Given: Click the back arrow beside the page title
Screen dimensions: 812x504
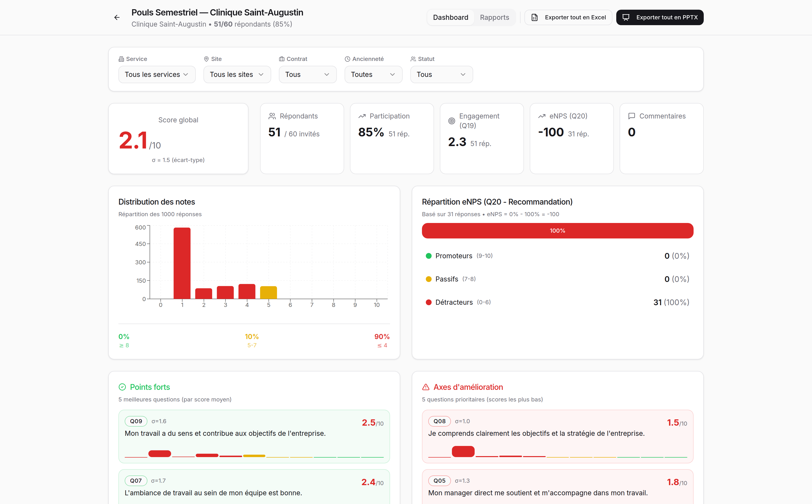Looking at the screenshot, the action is pyautogui.click(x=116, y=17).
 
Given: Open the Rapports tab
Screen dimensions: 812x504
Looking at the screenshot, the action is pyautogui.click(x=494, y=17).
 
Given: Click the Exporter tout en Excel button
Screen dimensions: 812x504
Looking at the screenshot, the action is pyautogui.click(x=568, y=17).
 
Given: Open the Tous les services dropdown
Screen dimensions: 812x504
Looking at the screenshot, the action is pyautogui.click(x=157, y=74).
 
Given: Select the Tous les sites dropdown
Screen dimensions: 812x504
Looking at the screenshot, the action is pyautogui.click(x=237, y=74).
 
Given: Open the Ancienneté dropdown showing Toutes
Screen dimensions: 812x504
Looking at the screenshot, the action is pyautogui.click(x=373, y=74).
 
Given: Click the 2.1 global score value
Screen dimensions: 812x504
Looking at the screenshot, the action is pyautogui.click(x=133, y=140).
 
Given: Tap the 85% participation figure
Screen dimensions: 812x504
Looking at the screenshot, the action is pyautogui.click(x=371, y=132).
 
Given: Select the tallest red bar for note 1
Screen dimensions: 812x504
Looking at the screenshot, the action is pyautogui.click(x=182, y=263).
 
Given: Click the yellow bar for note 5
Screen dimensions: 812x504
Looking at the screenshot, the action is pyautogui.click(x=268, y=292).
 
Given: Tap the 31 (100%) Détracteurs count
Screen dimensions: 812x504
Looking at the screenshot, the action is pyautogui.click(x=671, y=302).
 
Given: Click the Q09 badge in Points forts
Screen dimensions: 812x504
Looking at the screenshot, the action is pyautogui.click(x=136, y=421).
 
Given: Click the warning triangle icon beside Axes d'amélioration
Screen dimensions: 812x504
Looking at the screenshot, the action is pyautogui.click(x=426, y=387).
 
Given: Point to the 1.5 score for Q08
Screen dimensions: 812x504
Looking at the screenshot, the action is pyautogui.click(x=673, y=423).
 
